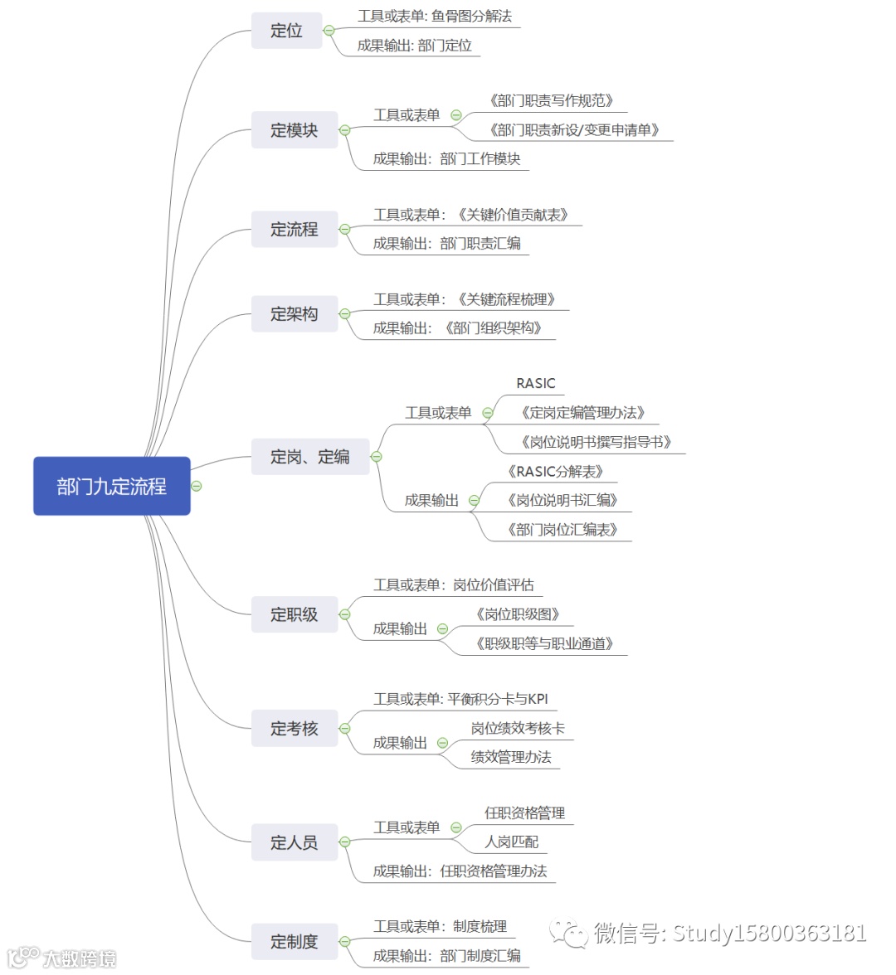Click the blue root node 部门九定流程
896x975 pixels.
[x=112, y=486]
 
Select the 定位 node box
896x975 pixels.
[x=286, y=31]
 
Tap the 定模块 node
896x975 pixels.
[x=295, y=130]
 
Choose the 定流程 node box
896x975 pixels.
[x=295, y=230]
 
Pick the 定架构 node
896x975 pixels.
[x=295, y=314]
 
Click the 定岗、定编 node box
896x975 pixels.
[x=309, y=457]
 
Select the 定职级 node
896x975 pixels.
[x=295, y=614]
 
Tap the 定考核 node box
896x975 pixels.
[x=295, y=729]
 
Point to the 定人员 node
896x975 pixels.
[x=295, y=842]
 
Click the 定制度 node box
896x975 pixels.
[x=295, y=942]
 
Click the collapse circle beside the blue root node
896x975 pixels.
[x=197, y=486]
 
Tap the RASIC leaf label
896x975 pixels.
[x=535, y=383]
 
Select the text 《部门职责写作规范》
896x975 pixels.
[x=551, y=101]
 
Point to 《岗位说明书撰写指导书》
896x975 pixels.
[x=596, y=442]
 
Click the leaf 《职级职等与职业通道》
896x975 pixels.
[x=544, y=643]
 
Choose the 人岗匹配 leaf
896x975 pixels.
[x=511, y=842]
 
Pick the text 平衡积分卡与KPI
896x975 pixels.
[x=498, y=699]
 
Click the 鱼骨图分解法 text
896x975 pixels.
[x=472, y=16]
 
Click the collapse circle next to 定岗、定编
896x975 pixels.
[x=377, y=457]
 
